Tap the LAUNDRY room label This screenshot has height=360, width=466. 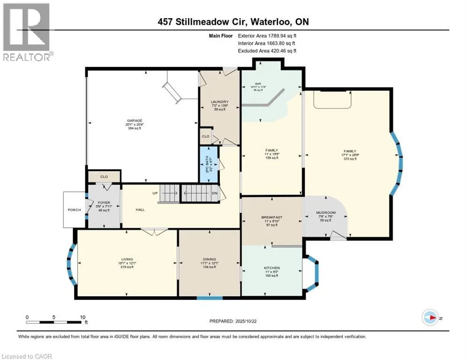219,102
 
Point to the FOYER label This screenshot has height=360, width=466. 104,203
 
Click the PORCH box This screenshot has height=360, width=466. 74,210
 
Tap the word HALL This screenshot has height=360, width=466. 140,210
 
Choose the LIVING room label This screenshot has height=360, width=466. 127,259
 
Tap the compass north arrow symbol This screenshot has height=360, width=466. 429,317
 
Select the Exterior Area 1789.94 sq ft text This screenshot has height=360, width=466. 267,35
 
